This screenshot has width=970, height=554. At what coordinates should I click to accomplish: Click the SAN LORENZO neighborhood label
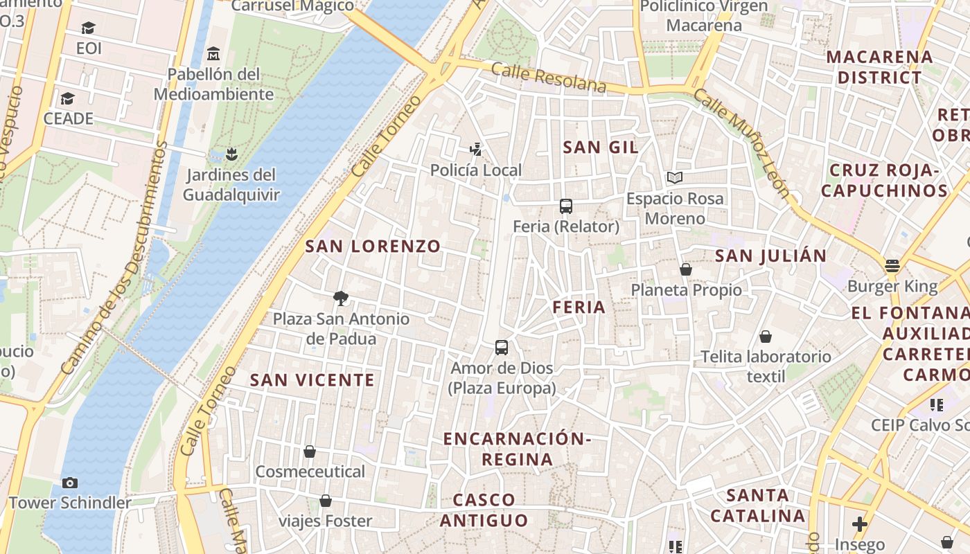(x=373, y=246)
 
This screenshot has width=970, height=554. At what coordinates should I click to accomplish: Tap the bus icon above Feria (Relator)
(x=566, y=206)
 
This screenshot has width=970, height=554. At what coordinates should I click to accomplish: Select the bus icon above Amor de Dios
(x=502, y=348)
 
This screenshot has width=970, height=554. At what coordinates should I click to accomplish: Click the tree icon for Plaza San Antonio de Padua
(x=340, y=298)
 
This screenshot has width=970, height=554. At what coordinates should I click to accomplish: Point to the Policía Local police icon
(x=475, y=149)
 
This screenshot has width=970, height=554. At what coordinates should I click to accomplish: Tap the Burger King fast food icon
(x=892, y=266)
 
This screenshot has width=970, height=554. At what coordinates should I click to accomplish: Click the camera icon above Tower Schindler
(x=69, y=483)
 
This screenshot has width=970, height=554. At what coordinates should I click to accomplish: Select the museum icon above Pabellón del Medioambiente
(x=213, y=53)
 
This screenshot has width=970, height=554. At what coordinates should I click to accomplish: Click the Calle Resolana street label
(x=549, y=77)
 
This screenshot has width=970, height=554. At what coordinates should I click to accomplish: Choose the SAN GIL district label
(x=601, y=147)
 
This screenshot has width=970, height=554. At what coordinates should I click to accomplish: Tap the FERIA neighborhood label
(x=579, y=307)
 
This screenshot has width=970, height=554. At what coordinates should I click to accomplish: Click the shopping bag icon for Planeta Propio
(x=686, y=269)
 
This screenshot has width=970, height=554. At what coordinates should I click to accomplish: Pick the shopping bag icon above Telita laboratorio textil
(x=766, y=337)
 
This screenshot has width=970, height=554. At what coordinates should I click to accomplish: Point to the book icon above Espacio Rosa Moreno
(x=675, y=178)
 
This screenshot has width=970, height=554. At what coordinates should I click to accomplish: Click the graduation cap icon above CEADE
(x=67, y=98)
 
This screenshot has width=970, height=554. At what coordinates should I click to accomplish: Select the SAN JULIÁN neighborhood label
(x=770, y=256)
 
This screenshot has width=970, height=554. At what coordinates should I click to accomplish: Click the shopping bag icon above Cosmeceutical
(x=310, y=452)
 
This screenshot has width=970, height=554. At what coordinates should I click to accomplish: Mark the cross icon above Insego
(x=860, y=524)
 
